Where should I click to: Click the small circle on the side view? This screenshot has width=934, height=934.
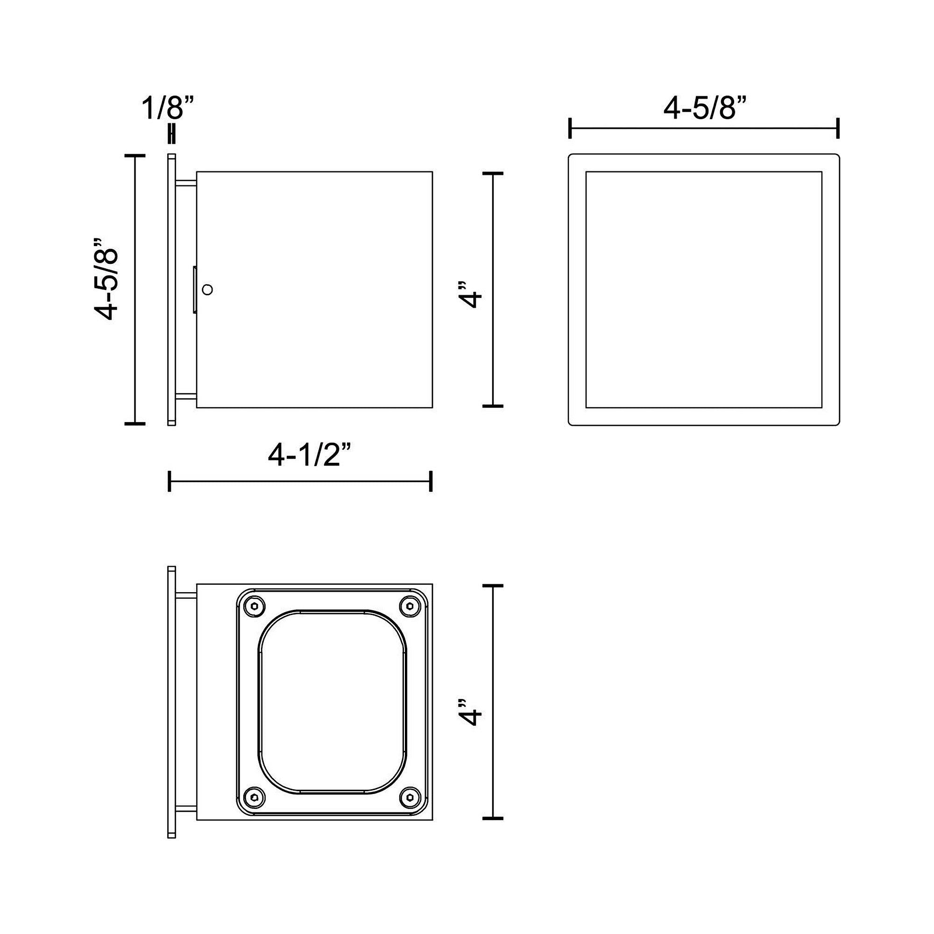click(x=207, y=290)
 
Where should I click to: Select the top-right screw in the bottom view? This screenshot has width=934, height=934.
click(x=410, y=606)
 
